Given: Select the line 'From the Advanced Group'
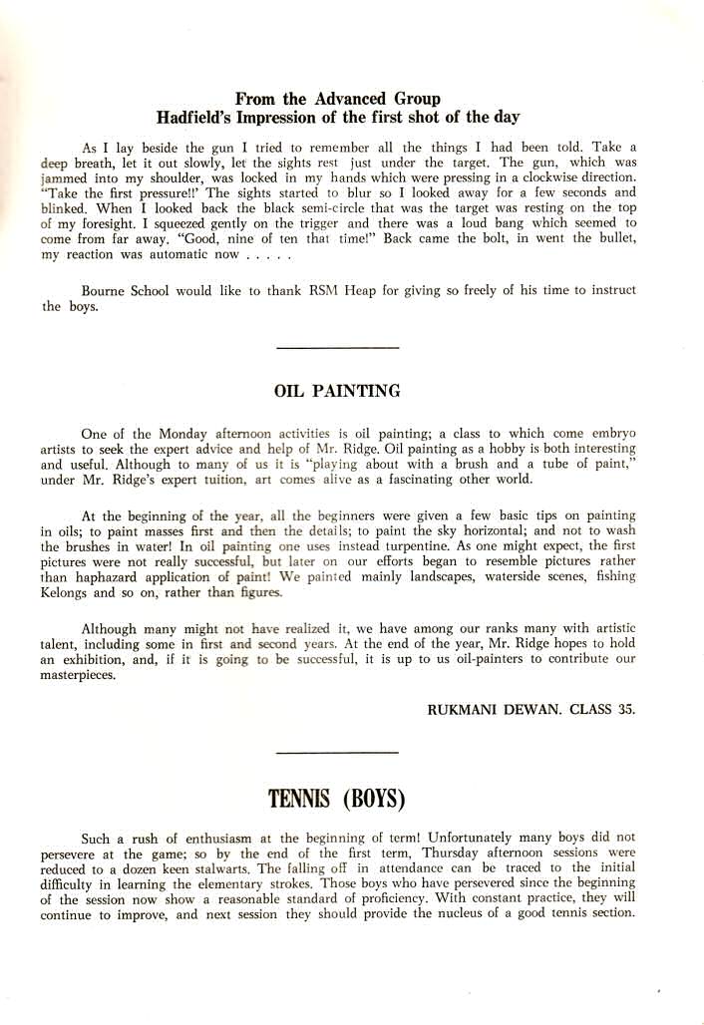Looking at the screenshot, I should coord(337,99).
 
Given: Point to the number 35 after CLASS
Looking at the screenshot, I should coord(626,709).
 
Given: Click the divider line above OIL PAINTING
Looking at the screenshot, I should coord(336,347).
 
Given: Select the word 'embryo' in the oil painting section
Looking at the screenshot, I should coord(611,434).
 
